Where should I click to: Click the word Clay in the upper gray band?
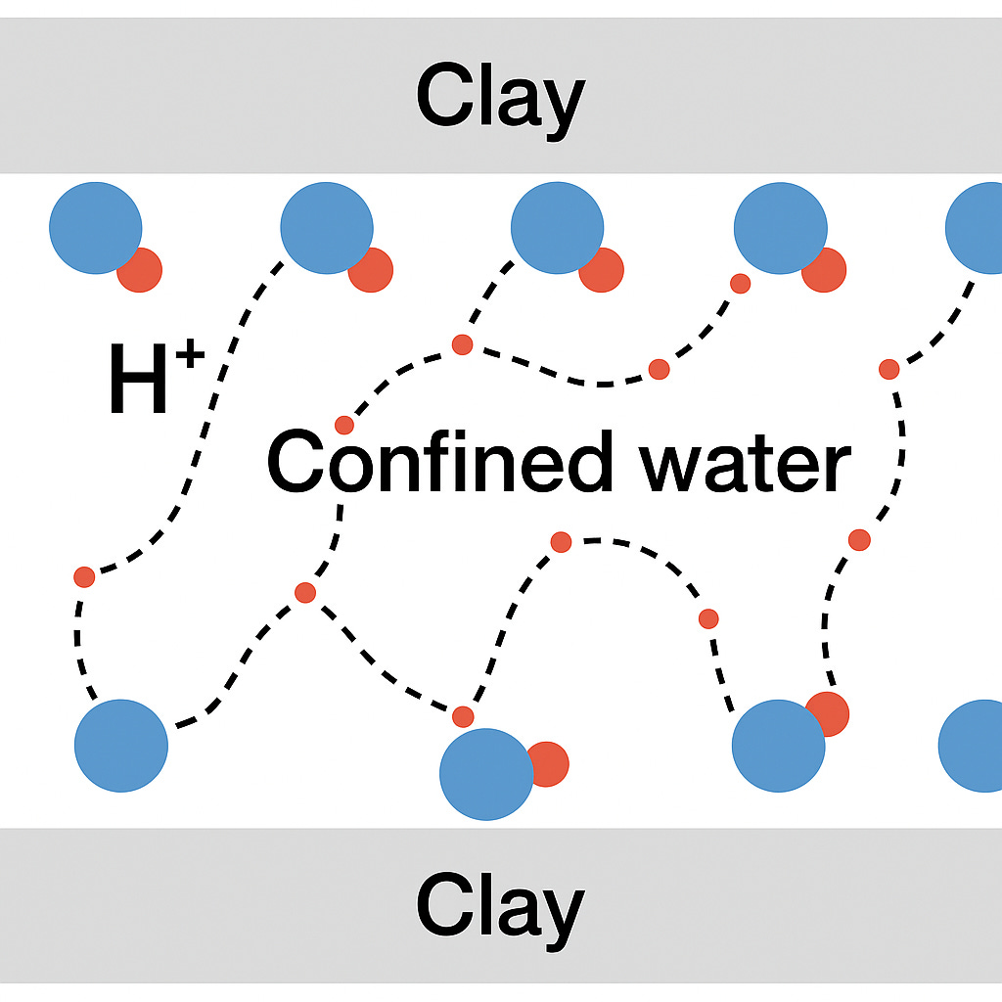pyautogui.click(x=500, y=98)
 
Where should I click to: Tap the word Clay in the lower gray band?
pyautogui.click(x=500, y=906)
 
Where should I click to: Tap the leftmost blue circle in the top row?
pyautogui.click(x=96, y=227)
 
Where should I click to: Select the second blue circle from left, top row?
pyautogui.click(x=327, y=227)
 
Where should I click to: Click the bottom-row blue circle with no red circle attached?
pyautogui.click(x=121, y=745)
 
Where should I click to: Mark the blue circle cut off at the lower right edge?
pyautogui.click(x=974, y=746)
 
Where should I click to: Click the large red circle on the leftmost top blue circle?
pyautogui.click(x=140, y=269)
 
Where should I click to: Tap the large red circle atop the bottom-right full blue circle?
pyautogui.click(x=828, y=713)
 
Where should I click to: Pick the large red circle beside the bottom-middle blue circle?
pyautogui.click(x=547, y=763)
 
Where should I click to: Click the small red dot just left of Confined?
pyautogui.click(x=344, y=425)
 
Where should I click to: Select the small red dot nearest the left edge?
pyautogui.click(x=84, y=576)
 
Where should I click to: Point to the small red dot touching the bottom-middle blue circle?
pyautogui.click(x=463, y=716)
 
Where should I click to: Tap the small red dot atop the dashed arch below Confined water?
pyautogui.click(x=561, y=541)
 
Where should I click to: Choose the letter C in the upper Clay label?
pyautogui.click(x=445, y=98)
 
